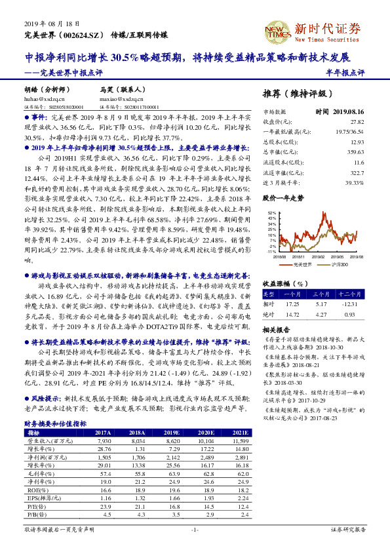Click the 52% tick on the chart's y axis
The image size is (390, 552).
click(271, 214)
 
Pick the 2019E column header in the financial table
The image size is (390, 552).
click(173, 432)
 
